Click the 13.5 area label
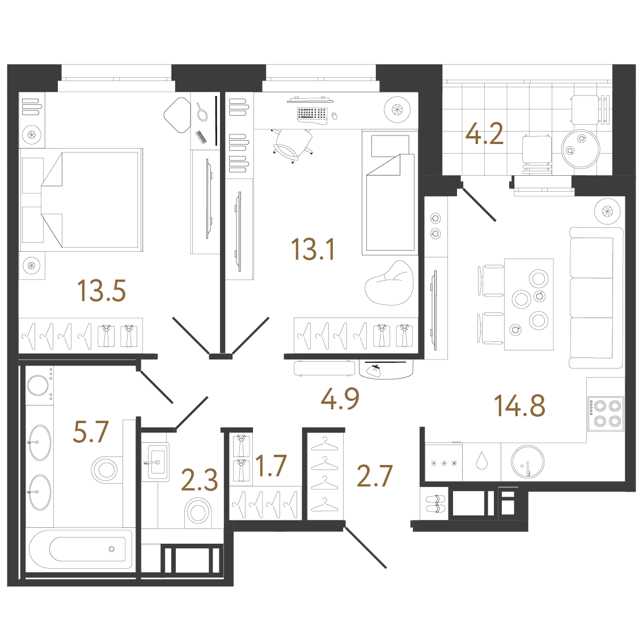tap(101, 291)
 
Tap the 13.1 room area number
tap(312, 249)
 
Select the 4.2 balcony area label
tap(484, 134)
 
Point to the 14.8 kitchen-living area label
tap(519, 405)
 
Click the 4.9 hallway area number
tap(340, 399)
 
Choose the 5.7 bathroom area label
tap(91, 432)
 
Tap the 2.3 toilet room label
tap(199, 480)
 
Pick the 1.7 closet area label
tap(270, 466)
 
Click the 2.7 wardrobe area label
tap(375, 476)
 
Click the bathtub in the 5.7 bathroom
tap(81, 549)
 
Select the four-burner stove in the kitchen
tap(606, 413)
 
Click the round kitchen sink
tap(528, 462)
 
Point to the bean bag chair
tap(389, 283)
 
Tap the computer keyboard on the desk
tap(312, 114)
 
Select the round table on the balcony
tap(580, 149)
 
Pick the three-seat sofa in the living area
tap(597, 298)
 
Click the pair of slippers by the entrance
tap(435, 504)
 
